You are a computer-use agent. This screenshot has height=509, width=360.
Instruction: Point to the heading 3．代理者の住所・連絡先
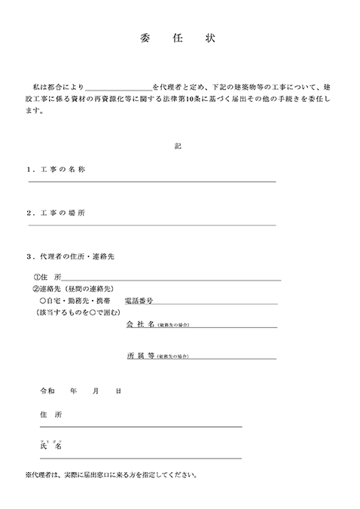tap(70, 257)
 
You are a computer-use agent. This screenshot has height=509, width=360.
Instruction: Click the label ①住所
tap(47, 277)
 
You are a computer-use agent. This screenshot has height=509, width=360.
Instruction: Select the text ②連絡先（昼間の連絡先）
tap(71, 289)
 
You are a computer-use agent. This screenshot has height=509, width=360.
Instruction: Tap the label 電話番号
tap(139, 300)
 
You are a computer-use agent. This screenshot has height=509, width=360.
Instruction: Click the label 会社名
tap(141, 323)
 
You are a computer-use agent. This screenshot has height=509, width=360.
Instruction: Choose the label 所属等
tap(141, 354)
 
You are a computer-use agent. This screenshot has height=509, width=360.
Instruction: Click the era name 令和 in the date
tap(47, 392)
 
